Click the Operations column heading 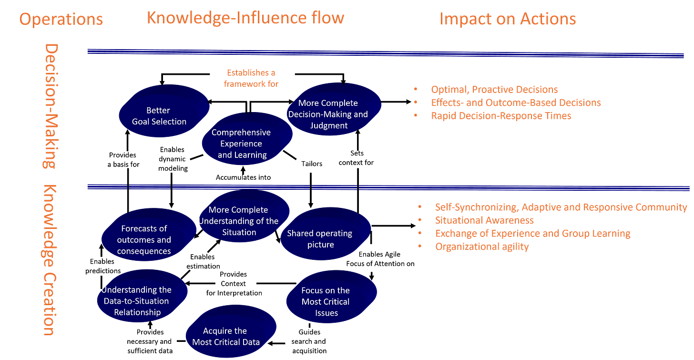click(x=61, y=20)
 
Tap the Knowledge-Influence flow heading click(x=245, y=18)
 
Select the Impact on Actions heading click(x=507, y=19)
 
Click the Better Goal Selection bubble click(x=159, y=116)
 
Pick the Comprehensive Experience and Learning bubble click(x=242, y=144)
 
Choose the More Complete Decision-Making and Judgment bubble click(x=328, y=114)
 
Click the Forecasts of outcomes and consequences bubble click(x=144, y=239)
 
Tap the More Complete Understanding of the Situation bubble click(x=239, y=221)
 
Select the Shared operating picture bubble click(x=320, y=239)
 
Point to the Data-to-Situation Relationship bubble click(x=137, y=301)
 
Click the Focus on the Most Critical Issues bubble click(x=326, y=301)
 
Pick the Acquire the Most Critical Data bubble click(x=226, y=336)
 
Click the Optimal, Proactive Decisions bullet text click(x=494, y=89)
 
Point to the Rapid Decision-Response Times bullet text click(x=501, y=115)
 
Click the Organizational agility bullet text click(x=482, y=247)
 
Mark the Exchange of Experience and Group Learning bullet click(x=533, y=234)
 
